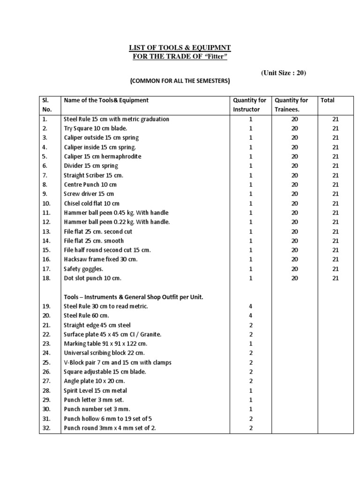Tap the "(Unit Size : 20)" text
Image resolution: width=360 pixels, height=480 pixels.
click(x=284, y=73)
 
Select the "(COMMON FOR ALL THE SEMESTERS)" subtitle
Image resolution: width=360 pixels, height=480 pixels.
click(x=180, y=81)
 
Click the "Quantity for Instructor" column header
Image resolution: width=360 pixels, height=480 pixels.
click(x=250, y=105)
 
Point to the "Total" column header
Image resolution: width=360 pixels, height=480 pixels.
click(x=328, y=100)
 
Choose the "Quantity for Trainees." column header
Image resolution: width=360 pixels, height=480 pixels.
click(x=291, y=105)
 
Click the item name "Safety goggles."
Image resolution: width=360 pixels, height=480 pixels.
click(x=83, y=269)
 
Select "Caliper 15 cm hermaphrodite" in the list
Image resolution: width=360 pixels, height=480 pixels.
click(x=102, y=156)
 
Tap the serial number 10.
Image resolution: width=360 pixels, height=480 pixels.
click(x=46, y=203)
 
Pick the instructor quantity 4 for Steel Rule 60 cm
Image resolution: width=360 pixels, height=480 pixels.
click(x=250, y=315)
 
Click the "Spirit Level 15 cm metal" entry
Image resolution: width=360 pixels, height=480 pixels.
click(x=95, y=390)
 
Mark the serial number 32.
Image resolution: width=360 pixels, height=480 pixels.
click(x=46, y=428)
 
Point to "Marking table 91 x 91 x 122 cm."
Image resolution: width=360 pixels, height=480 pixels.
click(x=105, y=344)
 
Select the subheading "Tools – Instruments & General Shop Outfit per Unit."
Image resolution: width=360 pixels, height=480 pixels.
click(x=133, y=297)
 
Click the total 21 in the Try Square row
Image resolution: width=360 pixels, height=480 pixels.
click(x=335, y=128)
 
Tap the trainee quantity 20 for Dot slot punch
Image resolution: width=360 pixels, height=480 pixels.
click(x=294, y=278)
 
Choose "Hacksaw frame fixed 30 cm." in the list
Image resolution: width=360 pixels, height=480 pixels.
click(x=100, y=259)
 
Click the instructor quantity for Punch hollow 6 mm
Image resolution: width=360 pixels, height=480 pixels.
click(x=250, y=419)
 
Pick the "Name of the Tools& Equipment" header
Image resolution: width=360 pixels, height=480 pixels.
click(x=106, y=100)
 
